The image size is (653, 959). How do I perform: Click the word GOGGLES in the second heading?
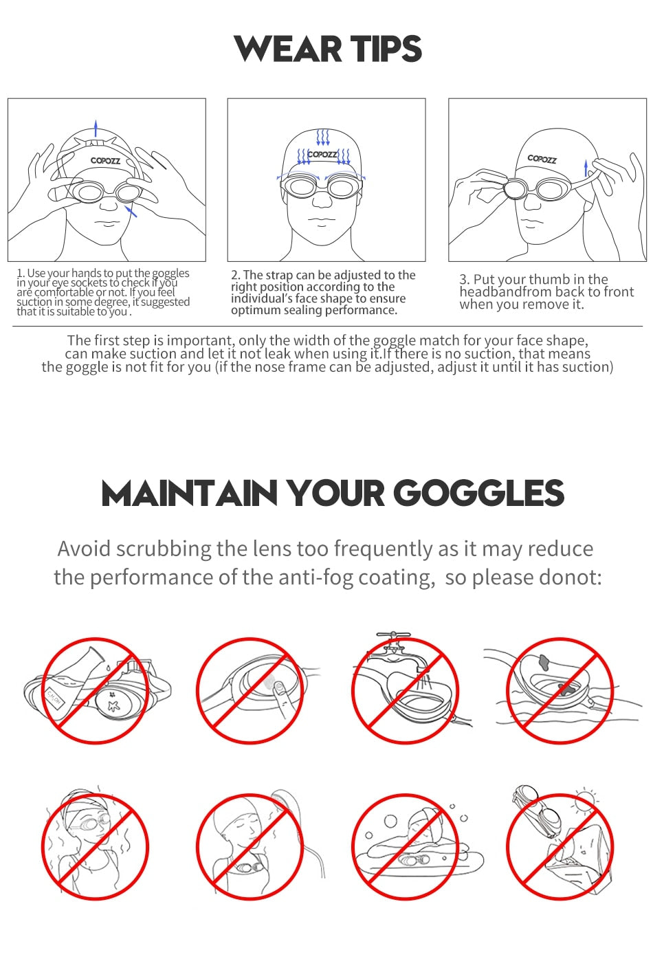point(478,493)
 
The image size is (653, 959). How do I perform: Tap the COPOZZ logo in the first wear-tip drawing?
point(105,161)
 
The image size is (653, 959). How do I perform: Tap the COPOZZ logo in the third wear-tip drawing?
point(542,159)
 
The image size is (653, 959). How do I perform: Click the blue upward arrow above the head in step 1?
point(96,128)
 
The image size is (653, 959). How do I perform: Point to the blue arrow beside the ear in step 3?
point(586,168)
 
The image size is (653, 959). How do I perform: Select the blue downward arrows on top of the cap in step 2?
point(322,137)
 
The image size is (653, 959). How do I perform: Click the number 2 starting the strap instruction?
point(234,275)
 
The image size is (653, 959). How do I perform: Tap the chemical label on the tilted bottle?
point(54,697)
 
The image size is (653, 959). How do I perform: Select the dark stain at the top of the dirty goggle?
point(544,662)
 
